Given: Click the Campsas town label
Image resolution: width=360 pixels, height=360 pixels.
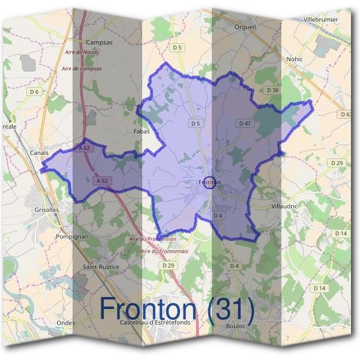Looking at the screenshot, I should click(100, 43).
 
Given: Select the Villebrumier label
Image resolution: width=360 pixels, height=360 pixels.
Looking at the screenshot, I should click(321, 20).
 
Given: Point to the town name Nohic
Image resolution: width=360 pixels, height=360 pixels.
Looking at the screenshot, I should click(295, 59).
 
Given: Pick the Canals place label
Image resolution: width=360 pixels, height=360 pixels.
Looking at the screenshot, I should click(39, 152).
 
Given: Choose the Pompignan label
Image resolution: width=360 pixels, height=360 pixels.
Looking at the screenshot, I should click(72, 236).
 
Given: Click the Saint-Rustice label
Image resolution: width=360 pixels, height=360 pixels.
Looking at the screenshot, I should click(101, 266).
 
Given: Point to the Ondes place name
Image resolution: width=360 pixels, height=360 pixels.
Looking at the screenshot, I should click(65, 323).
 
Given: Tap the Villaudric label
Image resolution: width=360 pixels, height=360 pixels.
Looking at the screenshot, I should click(284, 206).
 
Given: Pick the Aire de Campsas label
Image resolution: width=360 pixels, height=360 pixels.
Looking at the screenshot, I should click(82, 68).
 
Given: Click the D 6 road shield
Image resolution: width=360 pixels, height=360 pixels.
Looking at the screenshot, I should click(34, 92).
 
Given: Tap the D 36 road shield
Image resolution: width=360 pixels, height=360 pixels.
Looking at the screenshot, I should click(273, 90).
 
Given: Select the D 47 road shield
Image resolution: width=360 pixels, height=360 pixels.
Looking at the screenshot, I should click(244, 123).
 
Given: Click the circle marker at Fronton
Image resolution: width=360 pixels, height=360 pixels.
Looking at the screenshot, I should click(209, 182).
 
